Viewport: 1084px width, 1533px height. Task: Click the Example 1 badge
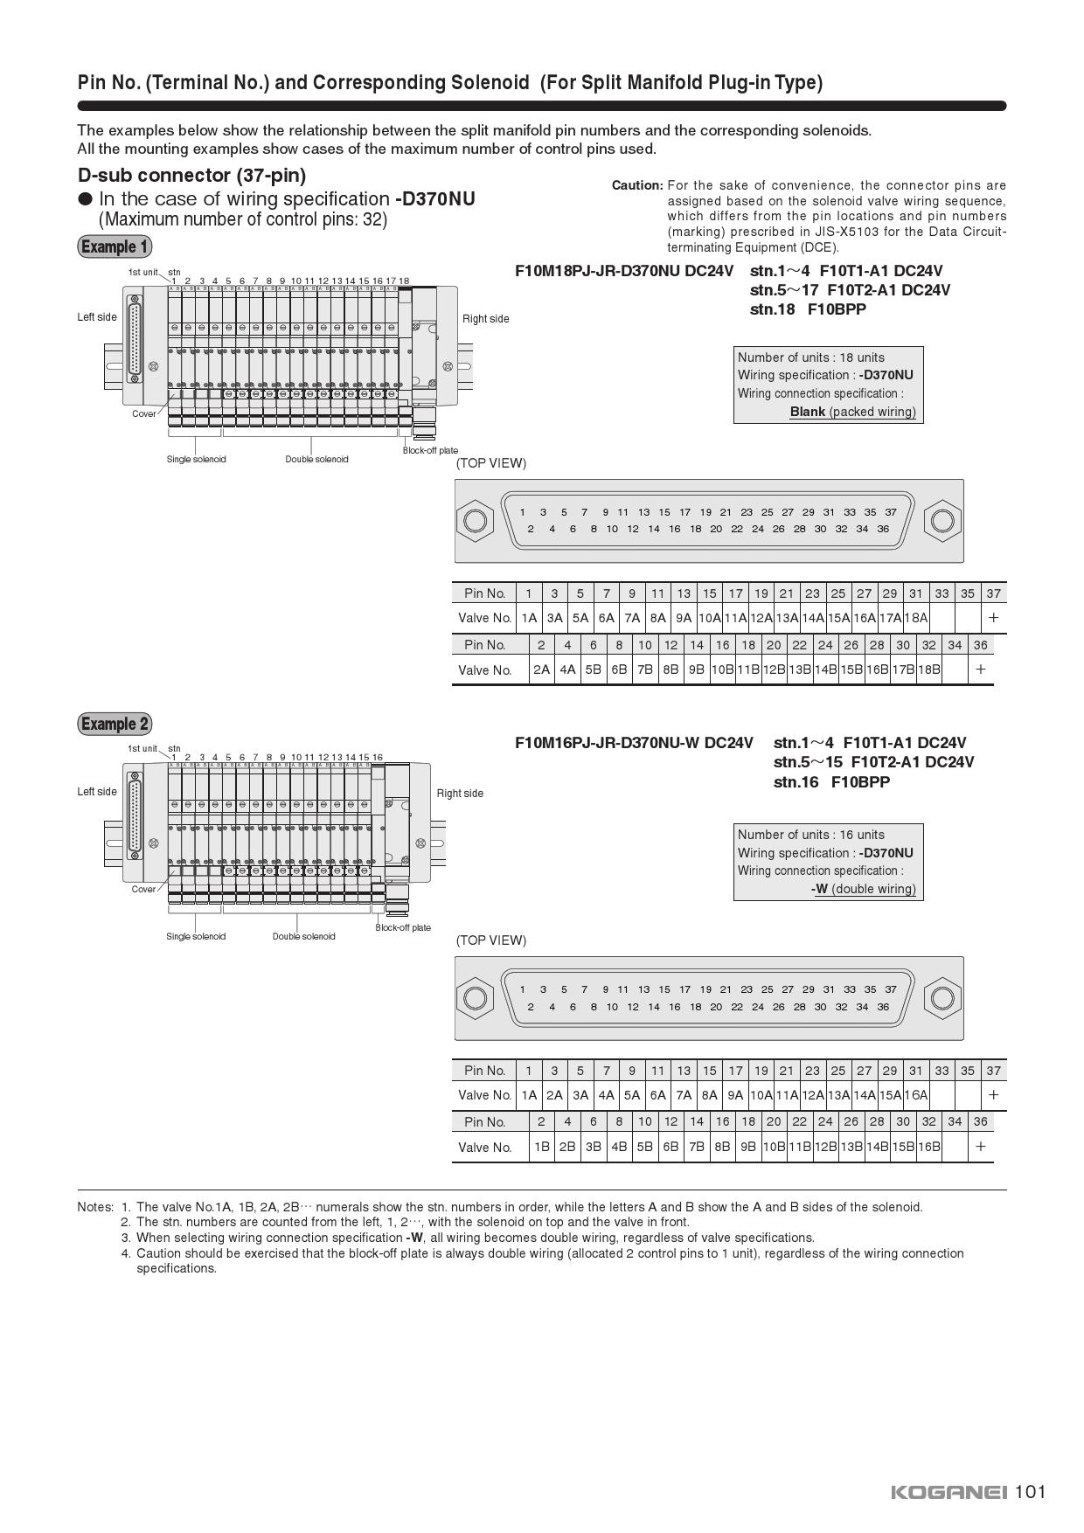point(115,246)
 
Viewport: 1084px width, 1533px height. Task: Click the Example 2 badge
point(115,724)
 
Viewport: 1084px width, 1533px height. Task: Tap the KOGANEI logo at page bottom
point(949,1492)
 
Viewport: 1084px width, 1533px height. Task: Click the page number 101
point(1031,1491)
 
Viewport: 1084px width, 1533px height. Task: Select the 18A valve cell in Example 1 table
point(915,618)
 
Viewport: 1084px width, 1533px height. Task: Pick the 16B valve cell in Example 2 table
point(928,1147)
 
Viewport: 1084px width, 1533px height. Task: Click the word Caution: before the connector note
point(637,185)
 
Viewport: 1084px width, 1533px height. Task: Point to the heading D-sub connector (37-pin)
point(191,175)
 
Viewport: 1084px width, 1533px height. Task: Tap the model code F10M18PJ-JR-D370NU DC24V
point(624,271)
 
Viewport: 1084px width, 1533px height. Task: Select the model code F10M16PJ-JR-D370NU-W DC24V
point(634,743)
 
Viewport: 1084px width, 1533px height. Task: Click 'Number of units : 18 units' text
point(810,357)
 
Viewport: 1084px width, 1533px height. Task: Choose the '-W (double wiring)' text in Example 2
point(863,889)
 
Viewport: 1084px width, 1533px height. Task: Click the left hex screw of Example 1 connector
point(475,521)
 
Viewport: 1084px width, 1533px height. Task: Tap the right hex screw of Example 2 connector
point(942,998)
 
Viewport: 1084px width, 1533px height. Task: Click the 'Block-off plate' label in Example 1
point(430,451)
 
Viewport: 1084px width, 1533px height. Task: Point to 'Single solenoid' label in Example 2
point(196,937)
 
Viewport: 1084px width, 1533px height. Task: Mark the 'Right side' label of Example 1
point(485,319)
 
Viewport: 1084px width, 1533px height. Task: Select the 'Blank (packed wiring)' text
point(852,412)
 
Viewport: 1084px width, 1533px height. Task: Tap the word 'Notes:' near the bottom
point(95,1207)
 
